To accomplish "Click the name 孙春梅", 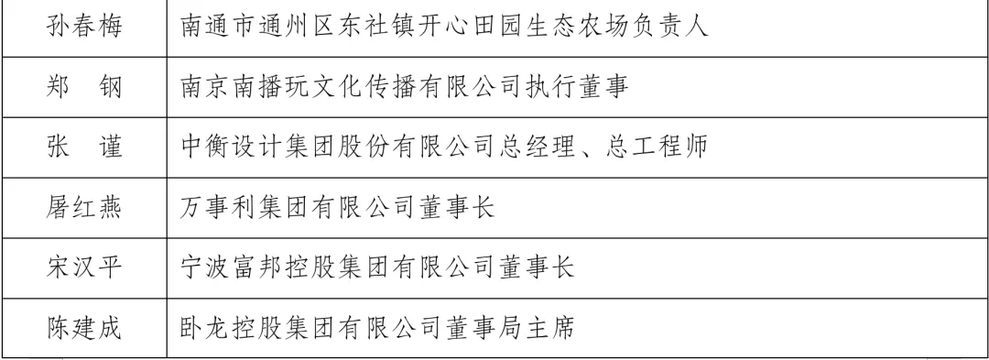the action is point(84,27).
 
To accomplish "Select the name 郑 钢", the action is point(84,86).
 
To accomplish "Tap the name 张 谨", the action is point(84,147).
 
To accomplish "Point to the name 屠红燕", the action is point(84,207).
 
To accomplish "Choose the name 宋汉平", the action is point(84,267).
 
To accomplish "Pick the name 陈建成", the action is point(84,328).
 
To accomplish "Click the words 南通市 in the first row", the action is point(220,27).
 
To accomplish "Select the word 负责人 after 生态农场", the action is point(669,27).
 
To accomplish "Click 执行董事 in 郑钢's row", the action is point(577,86).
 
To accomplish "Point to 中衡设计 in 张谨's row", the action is point(233,147).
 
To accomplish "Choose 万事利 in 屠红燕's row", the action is point(220,207).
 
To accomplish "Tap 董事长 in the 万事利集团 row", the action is point(457,207).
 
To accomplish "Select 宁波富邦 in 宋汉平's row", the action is point(233,267).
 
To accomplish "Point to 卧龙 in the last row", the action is point(206,328).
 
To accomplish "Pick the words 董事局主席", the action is point(510,328).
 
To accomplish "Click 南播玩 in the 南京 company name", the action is point(273,86).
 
